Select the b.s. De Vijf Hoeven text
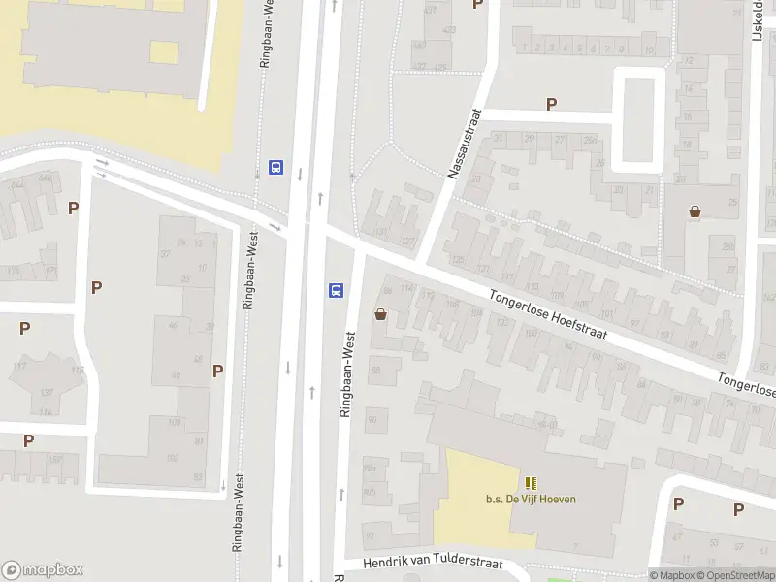tap(531, 500)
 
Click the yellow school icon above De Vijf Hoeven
tap(531, 483)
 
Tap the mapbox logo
tap(43, 570)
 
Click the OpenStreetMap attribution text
tap(733, 575)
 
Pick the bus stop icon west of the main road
tap(276, 167)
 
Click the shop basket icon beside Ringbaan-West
tap(380, 313)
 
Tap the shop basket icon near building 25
tap(695, 210)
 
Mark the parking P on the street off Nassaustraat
tap(552, 104)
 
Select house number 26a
tap(590, 141)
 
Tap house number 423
tap(449, 30)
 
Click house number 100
tap(175, 422)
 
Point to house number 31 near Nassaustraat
tap(500, 138)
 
